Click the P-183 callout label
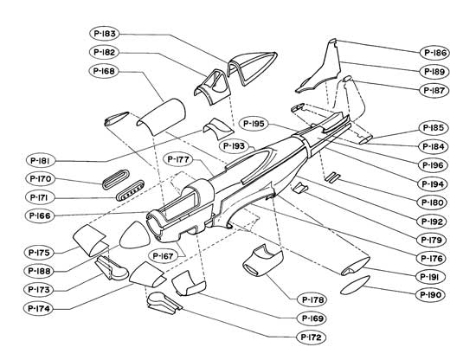[x=105, y=34]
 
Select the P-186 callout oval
[x=434, y=53]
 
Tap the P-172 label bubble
[x=311, y=337]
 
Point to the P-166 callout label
[x=40, y=215]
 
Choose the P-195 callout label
[x=254, y=124]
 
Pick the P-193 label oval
[x=234, y=146]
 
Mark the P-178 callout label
[x=312, y=300]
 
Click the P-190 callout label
[x=430, y=295]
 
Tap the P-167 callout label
[x=163, y=256]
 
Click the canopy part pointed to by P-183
[x=252, y=67]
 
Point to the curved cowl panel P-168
[x=161, y=117]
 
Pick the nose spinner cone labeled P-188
[x=135, y=235]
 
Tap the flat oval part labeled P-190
[x=355, y=285]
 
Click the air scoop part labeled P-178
[x=262, y=261]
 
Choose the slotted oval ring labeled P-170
[x=116, y=179]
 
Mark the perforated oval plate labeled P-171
[x=130, y=190]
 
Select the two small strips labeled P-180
[x=332, y=177]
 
